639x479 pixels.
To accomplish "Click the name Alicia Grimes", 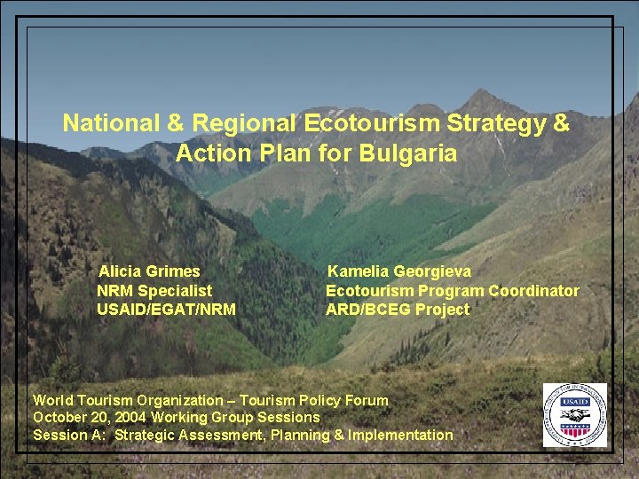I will tap(149, 271).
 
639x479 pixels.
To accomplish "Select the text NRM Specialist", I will tap(154, 291).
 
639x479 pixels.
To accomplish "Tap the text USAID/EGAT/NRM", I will tap(166, 310).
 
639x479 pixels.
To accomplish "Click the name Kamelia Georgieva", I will tap(399, 271).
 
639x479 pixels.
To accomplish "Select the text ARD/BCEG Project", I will tap(398, 310).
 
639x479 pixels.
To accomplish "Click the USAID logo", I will tap(574, 414).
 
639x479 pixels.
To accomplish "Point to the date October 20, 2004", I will tap(90, 417).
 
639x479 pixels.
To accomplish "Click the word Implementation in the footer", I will tap(400, 435).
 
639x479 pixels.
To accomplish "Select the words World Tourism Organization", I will tap(128, 400).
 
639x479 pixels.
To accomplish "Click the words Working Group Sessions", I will tap(235, 417).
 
